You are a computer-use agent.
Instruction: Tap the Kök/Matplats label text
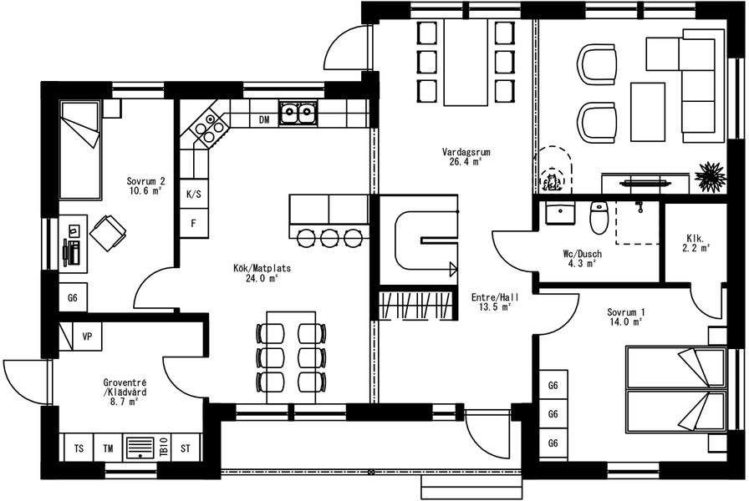[x=262, y=268]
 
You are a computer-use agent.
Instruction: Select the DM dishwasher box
[x=264, y=119]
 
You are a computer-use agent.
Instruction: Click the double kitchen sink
[x=298, y=114]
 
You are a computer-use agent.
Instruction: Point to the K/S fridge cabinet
[x=194, y=195]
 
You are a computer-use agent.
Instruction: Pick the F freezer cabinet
[x=194, y=223]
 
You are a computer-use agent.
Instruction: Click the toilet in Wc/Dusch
[x=598, y=218]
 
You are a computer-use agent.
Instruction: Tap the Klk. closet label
[x=695, y=238]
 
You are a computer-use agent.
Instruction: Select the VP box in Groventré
[x=87, y=337]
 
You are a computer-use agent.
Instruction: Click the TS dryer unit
[x=79, y=448]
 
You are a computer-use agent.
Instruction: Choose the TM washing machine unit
[x=109, y=448]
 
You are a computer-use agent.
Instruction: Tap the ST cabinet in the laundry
[x=186, y=448]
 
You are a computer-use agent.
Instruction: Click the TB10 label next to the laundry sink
[x=163, y=448]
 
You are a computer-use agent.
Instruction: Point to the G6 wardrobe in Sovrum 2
[x=73, y=298]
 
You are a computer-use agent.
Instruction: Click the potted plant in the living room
[x=711, y=176]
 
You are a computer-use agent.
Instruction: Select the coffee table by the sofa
[x=648, y=112]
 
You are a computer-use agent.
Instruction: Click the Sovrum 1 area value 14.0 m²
[x=626, y=322]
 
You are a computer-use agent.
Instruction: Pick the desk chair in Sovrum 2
[x=108, y=232]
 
